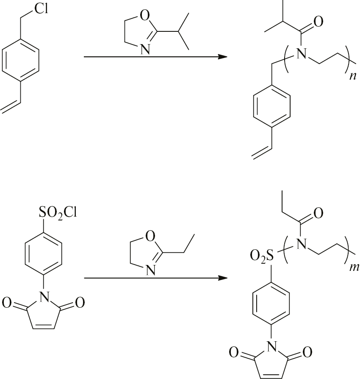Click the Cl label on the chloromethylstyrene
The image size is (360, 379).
41,9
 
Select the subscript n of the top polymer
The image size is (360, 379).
353,77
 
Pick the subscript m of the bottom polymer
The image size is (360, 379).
354,268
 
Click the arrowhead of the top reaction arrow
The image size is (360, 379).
222,57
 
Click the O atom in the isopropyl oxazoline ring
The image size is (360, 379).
144,16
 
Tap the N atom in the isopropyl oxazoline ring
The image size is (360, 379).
145,50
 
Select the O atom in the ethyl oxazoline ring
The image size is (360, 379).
150,237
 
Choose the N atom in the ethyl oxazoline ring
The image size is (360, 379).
150,270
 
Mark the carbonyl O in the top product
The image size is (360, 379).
318,22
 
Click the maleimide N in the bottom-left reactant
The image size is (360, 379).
44,297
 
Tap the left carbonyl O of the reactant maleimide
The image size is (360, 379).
7,303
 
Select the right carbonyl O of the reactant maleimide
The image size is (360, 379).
80,303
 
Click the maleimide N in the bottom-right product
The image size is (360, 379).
271,347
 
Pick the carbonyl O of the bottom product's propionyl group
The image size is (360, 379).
318,213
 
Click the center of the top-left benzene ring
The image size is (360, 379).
20,61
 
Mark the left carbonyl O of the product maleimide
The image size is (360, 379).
234,352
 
